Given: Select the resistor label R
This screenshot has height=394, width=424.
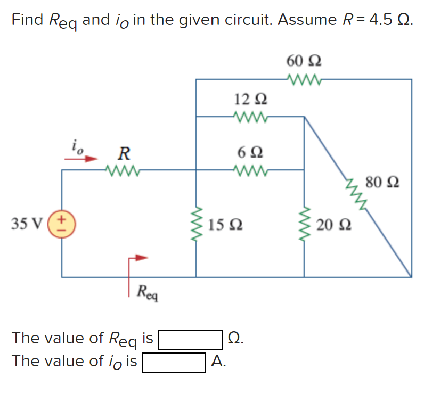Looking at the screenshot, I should point(124,154).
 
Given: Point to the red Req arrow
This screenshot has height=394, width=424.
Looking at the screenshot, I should point(137,258).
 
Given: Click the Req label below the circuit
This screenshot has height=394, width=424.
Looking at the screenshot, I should point(146,291).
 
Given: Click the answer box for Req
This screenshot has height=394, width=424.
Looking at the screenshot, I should point(190,339).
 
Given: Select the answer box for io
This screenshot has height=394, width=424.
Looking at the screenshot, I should point(174,362).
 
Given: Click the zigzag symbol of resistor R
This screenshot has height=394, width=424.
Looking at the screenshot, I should point(123,170).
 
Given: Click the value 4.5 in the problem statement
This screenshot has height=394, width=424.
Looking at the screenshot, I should point(381,20).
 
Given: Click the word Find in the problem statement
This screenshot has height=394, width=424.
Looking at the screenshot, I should point(28,20).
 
